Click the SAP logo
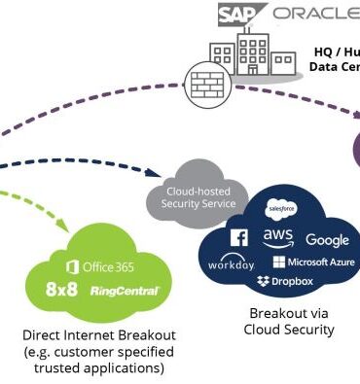239,13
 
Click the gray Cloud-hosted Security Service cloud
197,197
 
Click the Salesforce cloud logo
281,210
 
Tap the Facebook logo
238,238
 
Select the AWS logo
278,238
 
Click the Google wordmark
327,240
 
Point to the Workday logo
231,264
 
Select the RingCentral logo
124,291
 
